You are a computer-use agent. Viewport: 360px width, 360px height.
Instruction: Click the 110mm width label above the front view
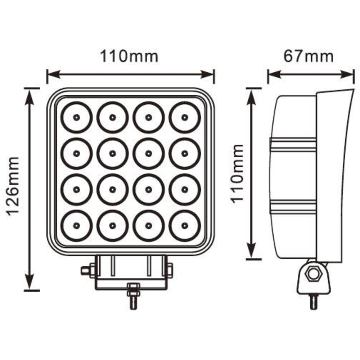click(x=129, y=57)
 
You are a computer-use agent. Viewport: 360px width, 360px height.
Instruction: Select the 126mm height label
click(x=14, y=185)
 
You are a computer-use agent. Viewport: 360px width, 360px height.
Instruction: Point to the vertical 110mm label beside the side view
click(x=239, y=174)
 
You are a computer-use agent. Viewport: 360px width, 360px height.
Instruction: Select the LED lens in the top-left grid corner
click(x=76, y=117)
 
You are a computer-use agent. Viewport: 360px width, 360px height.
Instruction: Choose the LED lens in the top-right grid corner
click(x=185, y=117)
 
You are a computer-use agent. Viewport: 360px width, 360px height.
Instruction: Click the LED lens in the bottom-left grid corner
click(x=76, y=226)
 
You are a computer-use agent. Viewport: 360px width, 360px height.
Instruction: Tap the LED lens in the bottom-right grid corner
click(x=185, y=226)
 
